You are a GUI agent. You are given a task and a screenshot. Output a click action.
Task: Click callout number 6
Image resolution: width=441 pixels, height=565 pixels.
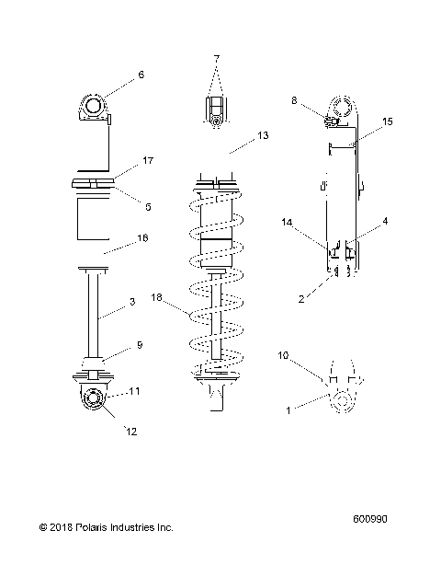click(x=141, y=76)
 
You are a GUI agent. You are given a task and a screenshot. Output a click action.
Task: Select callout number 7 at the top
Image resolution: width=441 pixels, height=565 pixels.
click(x=217, y=59)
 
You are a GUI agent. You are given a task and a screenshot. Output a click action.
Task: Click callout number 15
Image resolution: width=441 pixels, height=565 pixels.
click(x=387, y=121)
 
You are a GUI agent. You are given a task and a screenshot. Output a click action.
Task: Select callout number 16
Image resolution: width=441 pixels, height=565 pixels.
click(x=141, y=237)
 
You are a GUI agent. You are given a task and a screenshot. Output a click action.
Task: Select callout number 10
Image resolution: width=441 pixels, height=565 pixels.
click(x=283, y=354)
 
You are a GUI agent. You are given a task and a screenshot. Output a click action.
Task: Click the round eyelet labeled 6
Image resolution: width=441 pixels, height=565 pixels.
click(x=95, y=109)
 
